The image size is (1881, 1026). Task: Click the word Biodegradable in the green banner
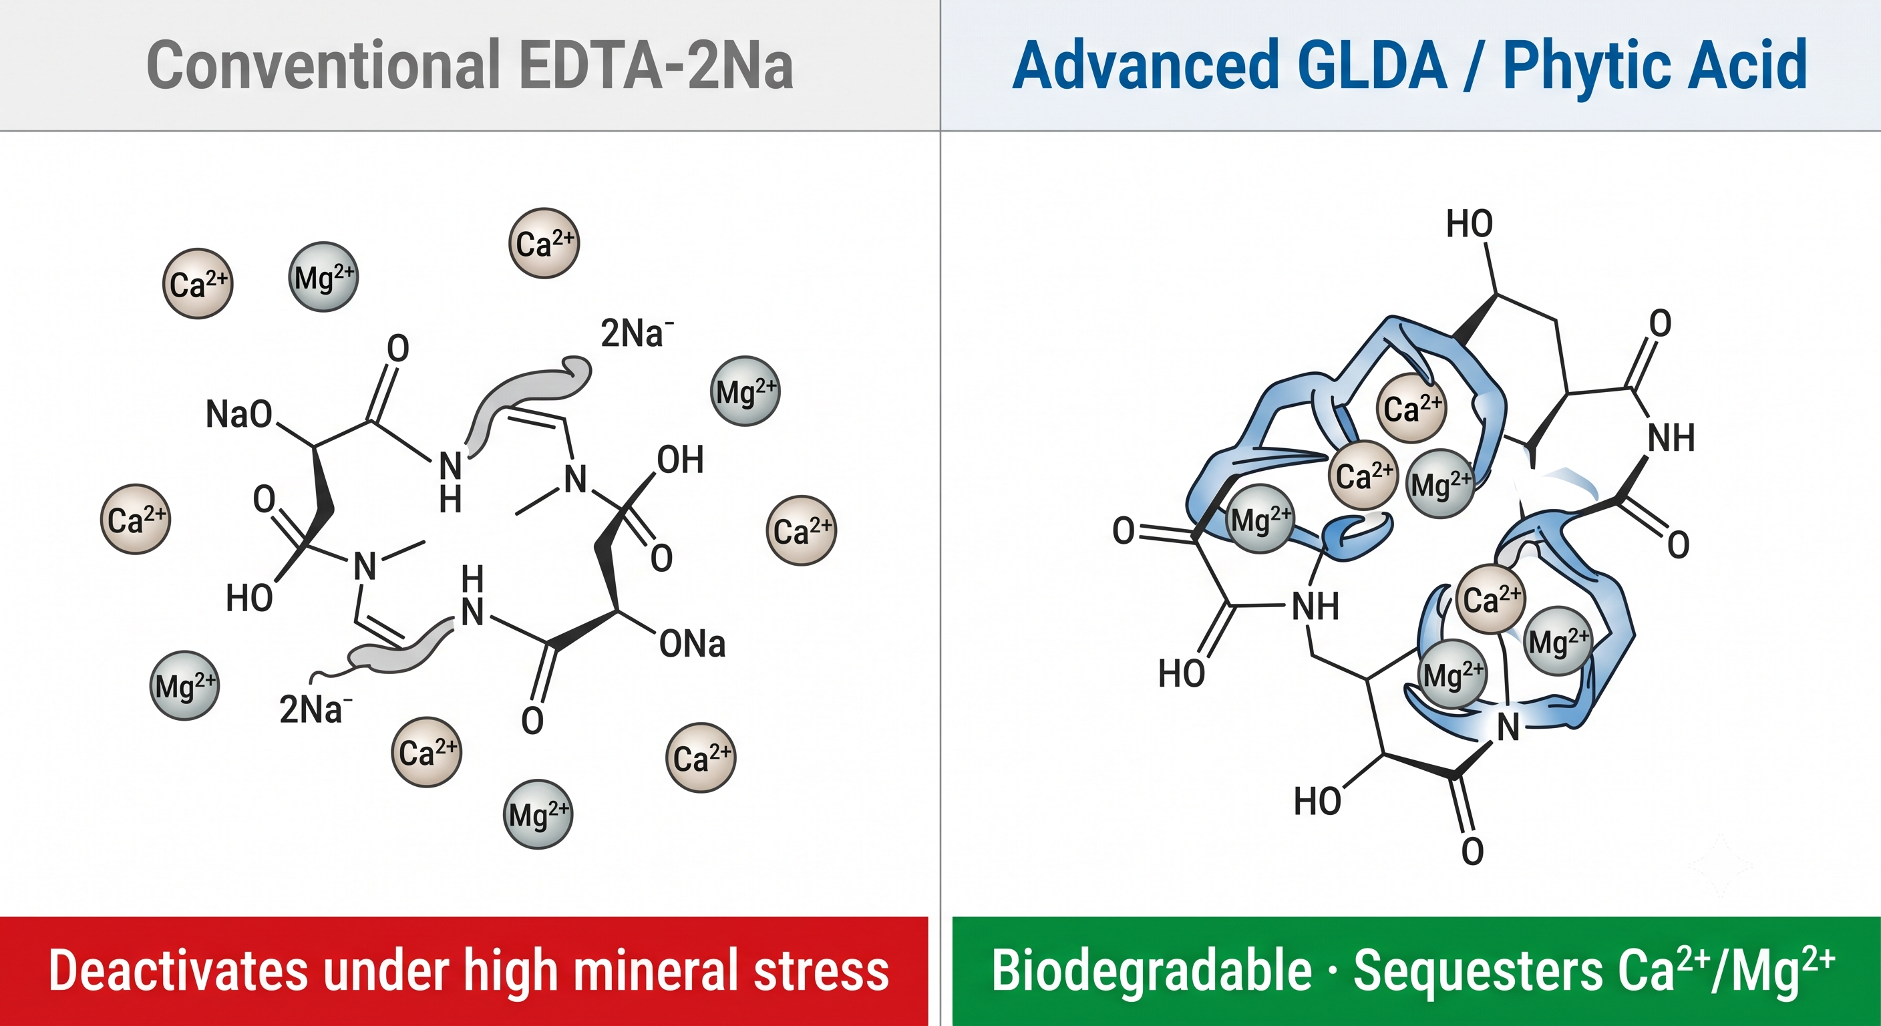[x=1152, y=971]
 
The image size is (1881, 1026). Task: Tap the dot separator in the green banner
[x=1333, y=973]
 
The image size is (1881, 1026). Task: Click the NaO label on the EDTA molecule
[x=238, y=414]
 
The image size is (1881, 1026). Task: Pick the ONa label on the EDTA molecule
[x=692, y=644]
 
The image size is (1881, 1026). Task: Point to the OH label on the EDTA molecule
[x=680, y=460]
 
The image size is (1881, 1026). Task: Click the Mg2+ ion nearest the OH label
[x=745, y=391]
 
